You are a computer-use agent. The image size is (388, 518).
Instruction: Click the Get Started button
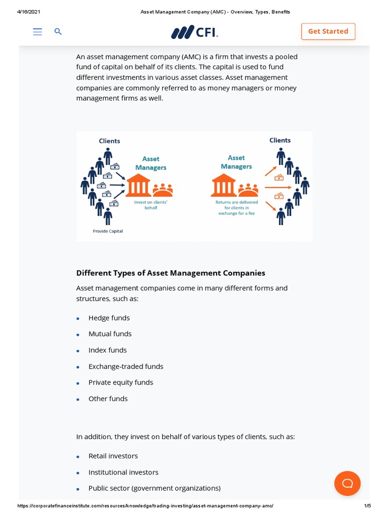(x=328, y=31)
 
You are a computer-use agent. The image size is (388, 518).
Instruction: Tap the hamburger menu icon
(x=37, y=32)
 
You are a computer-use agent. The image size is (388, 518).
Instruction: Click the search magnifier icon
(x=58, y=32)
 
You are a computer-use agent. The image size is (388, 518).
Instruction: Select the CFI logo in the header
(x=195, y=32)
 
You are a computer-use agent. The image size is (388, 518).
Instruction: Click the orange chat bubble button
(x=347, y=483)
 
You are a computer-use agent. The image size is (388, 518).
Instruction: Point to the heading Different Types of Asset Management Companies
(x=171, y=273)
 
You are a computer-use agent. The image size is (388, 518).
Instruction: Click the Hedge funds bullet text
(x=109, y=318)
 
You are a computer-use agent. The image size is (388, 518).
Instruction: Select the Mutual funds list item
(x=110, y=334)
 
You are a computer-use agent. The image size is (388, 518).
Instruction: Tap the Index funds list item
(x=108, y=350)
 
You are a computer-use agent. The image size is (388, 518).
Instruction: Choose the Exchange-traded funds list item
(x=126, y=366)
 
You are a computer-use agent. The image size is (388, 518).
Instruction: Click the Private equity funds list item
(x=121, y=382)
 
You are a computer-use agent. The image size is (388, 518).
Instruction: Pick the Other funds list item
(x=108, y=399)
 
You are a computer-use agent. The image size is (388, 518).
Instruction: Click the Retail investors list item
(x=113, y=456)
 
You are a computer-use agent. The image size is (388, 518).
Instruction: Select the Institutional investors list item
(x=123, y=472)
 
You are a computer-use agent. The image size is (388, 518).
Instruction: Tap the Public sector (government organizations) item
(x=155, y=488)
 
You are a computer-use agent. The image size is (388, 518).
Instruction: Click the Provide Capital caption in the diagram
(x=108, y=231)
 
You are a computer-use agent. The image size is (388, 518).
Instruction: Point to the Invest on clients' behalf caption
(x=151, y=205)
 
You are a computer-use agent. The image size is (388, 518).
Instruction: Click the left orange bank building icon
(x=138, y=186)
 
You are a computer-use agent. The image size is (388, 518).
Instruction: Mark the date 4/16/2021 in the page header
(x=29, y=12)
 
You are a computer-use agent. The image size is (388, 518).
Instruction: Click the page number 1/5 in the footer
(x=367, y=505)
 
